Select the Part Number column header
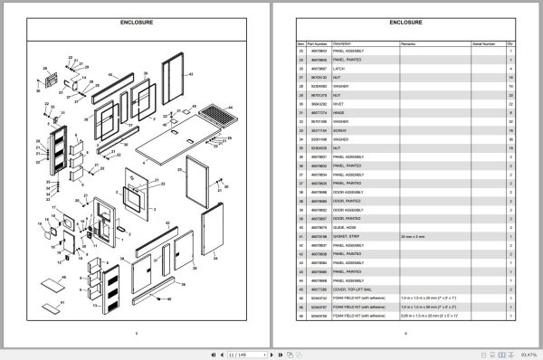tap(319, 42)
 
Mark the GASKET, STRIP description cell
tap(348, 235)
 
